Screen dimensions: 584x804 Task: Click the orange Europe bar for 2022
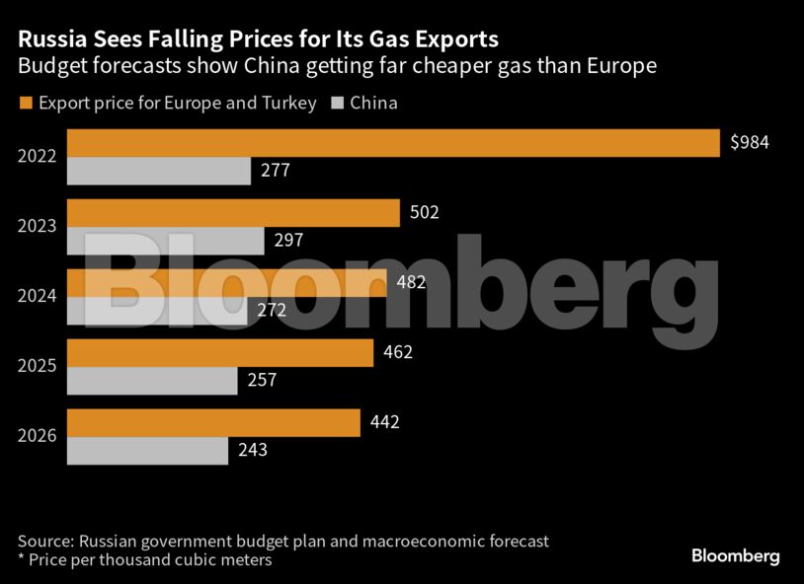coord(393,143)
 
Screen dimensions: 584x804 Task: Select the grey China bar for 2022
coord(158,171)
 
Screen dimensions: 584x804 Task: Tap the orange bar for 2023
coord(233,213)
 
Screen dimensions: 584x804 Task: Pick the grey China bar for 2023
coord(165,241)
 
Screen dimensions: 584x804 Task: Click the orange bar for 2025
coord(219,352)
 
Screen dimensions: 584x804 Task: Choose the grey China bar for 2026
coord(147,451)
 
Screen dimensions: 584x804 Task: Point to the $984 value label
coord(749,143)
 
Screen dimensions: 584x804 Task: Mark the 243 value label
coord(253,451)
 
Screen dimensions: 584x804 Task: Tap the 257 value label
coord(262,381)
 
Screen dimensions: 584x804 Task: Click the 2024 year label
coord(37,296)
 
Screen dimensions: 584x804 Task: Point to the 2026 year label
coord(37,436)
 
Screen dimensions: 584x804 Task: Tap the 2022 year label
coord(37,156)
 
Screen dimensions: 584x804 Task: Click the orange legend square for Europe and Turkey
coord(26,103)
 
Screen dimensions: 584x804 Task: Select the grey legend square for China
coord(337,103)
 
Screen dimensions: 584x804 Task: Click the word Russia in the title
coord(50,40)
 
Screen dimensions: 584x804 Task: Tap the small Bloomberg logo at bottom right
coord(735,556)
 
